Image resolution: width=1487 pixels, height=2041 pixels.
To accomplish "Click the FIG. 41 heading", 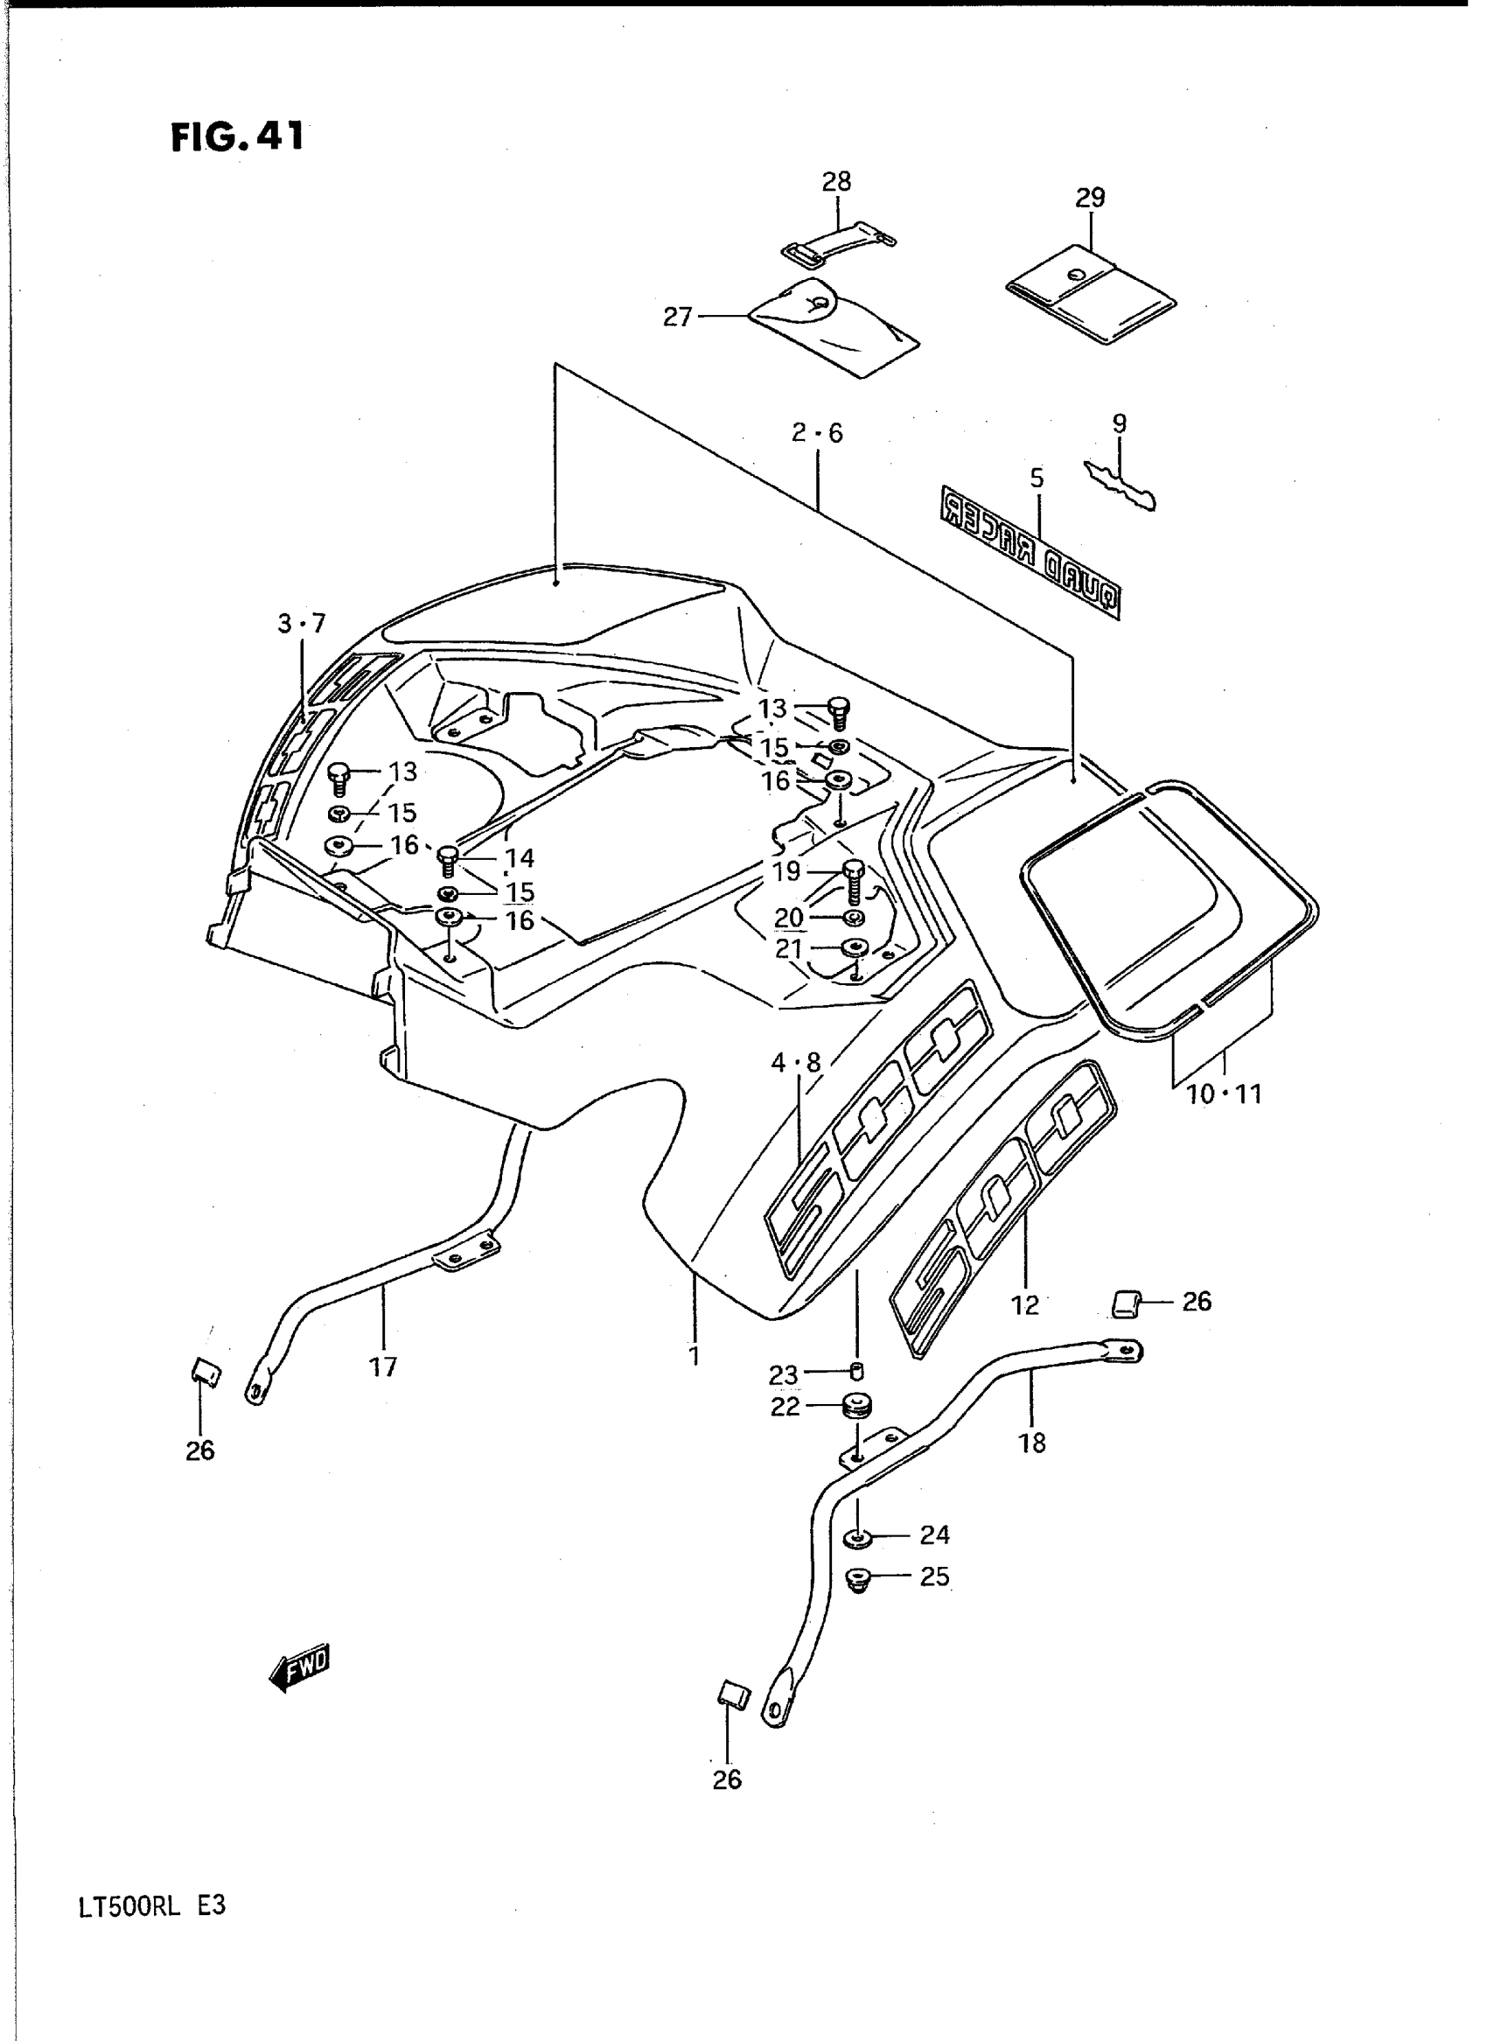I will click(x=238, y=136).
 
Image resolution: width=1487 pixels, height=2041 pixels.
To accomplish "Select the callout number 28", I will click(x=836, y=182).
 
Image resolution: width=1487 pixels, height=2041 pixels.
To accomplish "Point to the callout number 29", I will click(x=1090, y=197).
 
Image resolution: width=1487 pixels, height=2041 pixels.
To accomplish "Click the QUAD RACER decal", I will click(x=1030, y=552).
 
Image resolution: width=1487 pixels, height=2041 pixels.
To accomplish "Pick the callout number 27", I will click(x=677, y=317).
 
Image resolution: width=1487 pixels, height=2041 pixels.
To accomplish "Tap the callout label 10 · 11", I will click(x=1225, y=1094).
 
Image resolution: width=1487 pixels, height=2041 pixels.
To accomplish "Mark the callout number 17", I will click(x=382, y=1367).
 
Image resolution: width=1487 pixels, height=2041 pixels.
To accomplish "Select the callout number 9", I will click(x=1119, y=423).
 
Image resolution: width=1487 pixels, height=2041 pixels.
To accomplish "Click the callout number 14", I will click(x=520, y=858).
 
